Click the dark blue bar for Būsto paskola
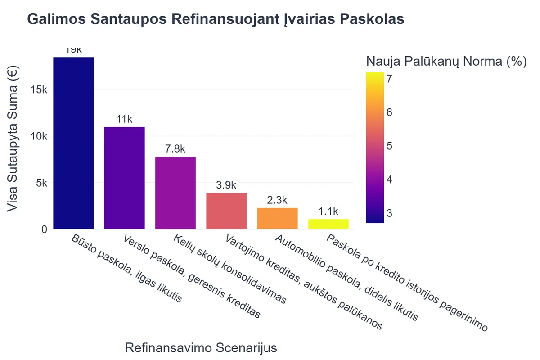73,143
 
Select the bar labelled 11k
124,178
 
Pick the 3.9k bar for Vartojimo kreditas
226,211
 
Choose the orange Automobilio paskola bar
277,218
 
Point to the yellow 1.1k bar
328,224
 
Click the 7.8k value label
175,149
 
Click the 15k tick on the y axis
38,90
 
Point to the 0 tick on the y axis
44,229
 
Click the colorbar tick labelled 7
389,78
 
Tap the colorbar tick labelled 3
389,213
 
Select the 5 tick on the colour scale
389,146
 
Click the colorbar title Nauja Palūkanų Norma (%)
446,62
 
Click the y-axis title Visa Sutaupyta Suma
14,139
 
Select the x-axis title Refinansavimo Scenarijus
201,348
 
